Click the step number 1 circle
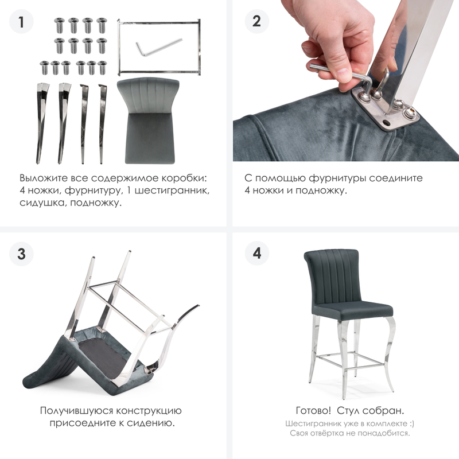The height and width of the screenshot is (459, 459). tap(21, 21)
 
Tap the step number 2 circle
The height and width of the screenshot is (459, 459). tap(256, 21)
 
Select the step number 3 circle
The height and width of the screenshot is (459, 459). tap(21, 254)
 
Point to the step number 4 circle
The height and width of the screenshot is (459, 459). tap(256, 253)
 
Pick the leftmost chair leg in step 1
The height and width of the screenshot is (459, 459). tap(41, 123)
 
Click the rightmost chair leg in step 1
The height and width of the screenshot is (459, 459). tap(102, 123)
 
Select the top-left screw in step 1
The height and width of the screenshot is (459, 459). tap(60, 25)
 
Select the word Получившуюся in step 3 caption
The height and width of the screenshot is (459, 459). tap(76, 411)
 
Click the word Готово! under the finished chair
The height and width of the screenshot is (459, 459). tap(313, 410)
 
